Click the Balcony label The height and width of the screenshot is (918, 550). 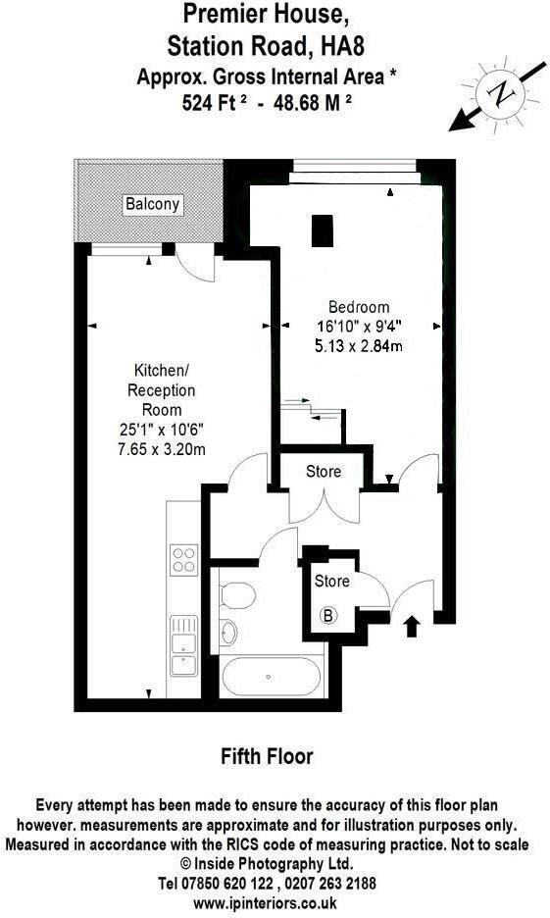[152, 204]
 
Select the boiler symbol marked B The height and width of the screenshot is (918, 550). [329, 616]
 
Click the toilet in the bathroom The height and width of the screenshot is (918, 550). [237, 594]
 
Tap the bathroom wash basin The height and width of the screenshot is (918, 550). [227, 632]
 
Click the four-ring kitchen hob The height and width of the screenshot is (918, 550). [184, 559]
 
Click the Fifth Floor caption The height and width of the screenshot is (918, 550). [267, 756]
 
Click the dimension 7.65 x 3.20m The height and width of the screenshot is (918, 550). [157, 446]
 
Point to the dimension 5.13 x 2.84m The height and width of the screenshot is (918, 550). [359, 344]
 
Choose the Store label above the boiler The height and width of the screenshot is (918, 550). [331, 582]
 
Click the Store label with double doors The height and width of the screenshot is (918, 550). [324, 472]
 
